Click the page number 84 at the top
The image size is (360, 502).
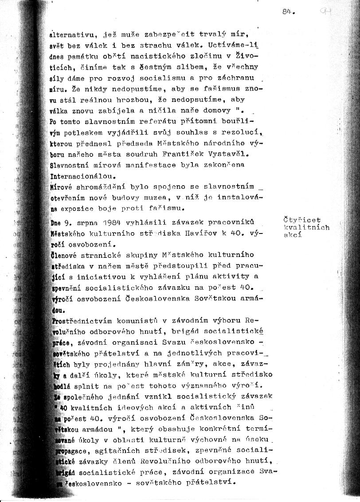(x=287, y=12)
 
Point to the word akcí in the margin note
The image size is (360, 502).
(x=292, y=235)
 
